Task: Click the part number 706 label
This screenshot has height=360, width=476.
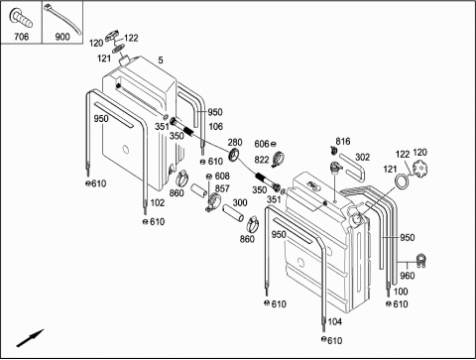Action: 21,37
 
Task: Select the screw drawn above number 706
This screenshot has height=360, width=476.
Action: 21,18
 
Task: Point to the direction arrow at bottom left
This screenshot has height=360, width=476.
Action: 30,338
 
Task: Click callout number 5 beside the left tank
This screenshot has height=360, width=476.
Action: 161,60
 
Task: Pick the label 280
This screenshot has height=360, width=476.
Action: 235,143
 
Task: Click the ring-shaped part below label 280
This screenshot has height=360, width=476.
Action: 235,155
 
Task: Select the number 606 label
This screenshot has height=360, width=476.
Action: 262,144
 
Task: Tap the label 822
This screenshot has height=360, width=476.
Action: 262,160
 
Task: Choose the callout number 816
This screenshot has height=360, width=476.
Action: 343,141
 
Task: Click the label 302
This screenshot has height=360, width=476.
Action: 362,157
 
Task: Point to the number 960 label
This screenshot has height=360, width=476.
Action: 407,276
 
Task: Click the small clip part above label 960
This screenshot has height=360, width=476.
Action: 420,260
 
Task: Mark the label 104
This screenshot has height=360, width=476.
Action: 334,321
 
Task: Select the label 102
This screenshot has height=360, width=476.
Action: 157,202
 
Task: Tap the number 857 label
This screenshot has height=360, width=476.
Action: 222,188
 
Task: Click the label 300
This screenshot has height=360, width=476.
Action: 240,202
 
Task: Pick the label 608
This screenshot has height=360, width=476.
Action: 222,176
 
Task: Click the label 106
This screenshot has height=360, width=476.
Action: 215,126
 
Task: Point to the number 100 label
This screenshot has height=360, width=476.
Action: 401,292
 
